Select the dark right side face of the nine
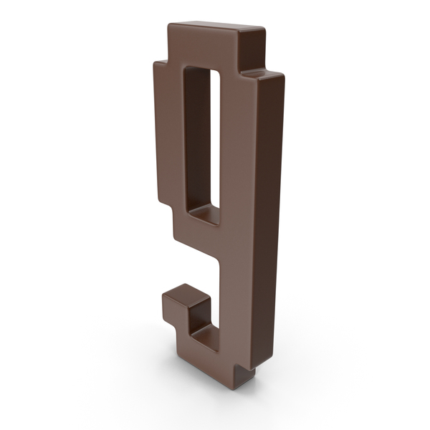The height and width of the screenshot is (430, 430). [269, 215]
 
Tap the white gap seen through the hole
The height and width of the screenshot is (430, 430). [214, 136]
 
